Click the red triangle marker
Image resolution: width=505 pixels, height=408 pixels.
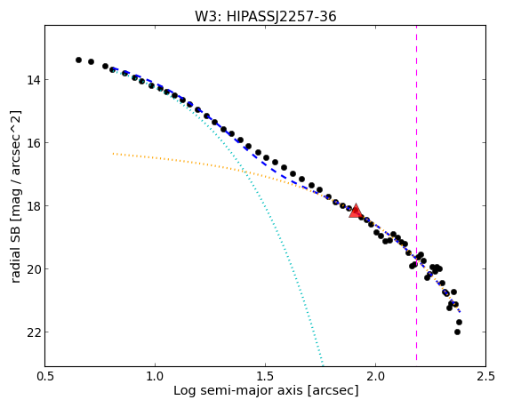coord(356,211)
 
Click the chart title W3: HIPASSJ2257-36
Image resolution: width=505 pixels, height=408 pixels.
coord(265,16)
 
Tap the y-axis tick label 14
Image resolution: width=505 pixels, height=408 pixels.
coord(34,79)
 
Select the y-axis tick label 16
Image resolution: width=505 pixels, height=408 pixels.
coord(34,142)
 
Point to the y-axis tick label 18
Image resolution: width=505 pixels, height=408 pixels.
coord(34,205)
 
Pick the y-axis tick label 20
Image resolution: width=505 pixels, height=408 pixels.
coord(34,268)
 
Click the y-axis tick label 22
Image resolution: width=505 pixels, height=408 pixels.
coord(34,332)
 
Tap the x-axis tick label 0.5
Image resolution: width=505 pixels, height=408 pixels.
coord(45,376)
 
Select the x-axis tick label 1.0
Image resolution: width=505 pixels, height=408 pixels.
coord(156,376)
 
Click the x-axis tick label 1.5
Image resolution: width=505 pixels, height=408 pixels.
coord(265,376)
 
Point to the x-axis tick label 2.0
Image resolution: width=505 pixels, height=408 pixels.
coord(375,376)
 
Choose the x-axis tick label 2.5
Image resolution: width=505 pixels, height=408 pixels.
coord(485,376)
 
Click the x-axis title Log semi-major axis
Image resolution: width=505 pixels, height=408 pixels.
coord(238,390)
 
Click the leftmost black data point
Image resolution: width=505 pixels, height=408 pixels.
coord(78,60)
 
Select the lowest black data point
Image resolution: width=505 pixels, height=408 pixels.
coord(457,332)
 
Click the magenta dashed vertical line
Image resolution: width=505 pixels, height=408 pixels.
coord(416,193)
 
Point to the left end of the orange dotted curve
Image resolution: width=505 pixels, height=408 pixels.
coord(113,154)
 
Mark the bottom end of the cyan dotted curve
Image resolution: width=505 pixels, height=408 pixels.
coord(323,364)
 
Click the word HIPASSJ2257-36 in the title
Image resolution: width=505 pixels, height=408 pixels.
coord(282,16)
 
